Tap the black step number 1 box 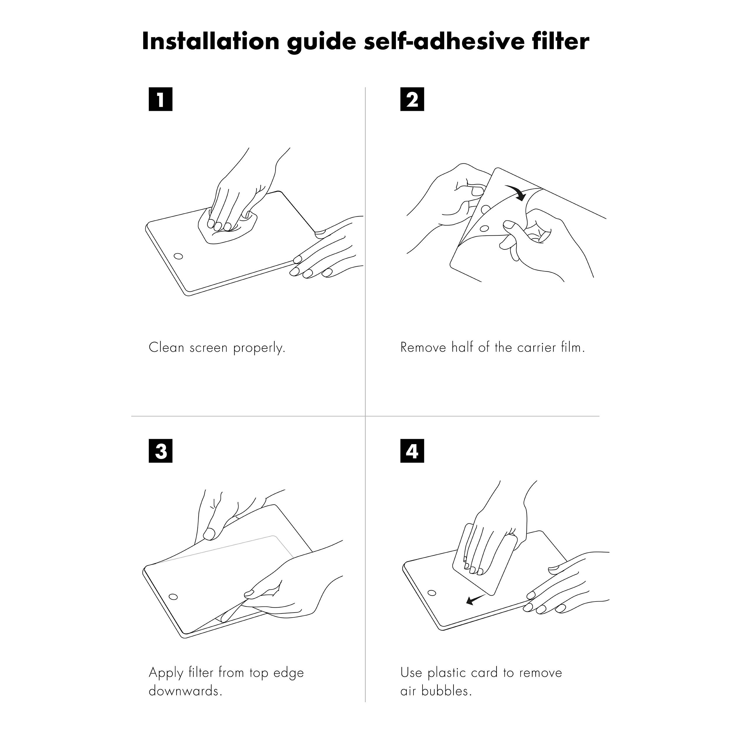tap(161, 99)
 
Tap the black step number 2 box tap(412, 99)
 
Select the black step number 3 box tap(161, 451)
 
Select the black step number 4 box tap(412, 451)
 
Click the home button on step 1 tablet tap(178, 256)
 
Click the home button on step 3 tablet tap(173, 597)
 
